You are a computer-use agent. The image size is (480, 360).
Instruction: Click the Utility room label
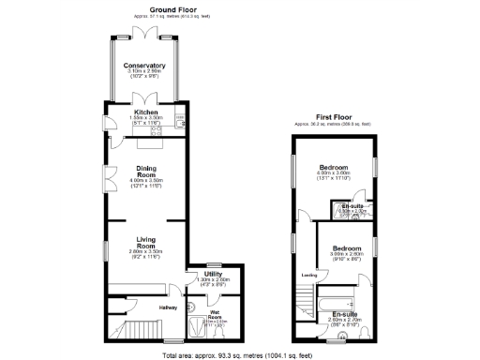pos(213,274)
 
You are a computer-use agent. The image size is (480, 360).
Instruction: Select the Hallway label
pos(168,307)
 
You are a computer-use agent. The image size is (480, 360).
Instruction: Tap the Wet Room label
pos(214,312)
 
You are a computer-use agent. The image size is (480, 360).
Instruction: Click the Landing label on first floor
pos(308,275)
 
